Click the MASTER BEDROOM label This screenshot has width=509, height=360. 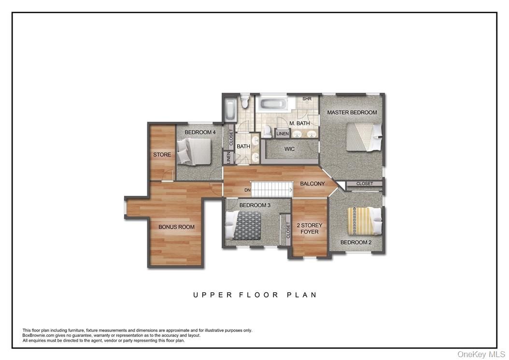352,113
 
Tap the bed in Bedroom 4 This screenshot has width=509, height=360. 194,152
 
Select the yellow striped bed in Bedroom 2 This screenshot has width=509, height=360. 365,221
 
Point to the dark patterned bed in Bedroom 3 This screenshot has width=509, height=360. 243,226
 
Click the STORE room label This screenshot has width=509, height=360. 162,155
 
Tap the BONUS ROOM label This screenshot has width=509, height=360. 176,227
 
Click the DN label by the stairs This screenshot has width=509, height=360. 247,190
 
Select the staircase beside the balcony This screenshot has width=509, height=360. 272,189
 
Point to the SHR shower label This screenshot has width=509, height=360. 307,99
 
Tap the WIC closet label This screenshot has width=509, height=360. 289,149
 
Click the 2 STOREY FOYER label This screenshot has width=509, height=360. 310,229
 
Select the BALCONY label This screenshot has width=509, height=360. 312,184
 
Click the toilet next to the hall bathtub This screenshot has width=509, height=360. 245,101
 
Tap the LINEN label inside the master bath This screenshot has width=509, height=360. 283,133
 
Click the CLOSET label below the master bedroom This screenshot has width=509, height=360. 365,184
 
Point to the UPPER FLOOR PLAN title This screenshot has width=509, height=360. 255,295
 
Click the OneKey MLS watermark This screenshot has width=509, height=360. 481,354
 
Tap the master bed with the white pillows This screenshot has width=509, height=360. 364,137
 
